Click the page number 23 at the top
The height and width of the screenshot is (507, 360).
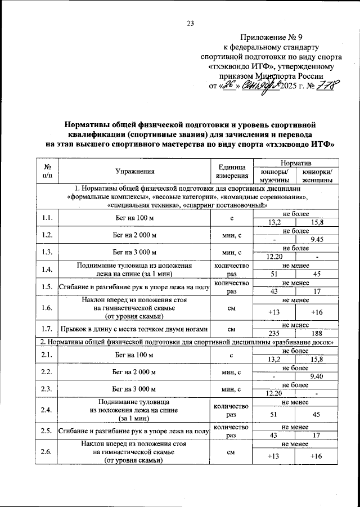(x=190, y=23)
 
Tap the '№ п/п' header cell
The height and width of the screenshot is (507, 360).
(x=47, y=172)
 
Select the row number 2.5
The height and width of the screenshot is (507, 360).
(x=47, y=431)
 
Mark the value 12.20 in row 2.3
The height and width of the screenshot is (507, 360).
(x=274, y=393)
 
